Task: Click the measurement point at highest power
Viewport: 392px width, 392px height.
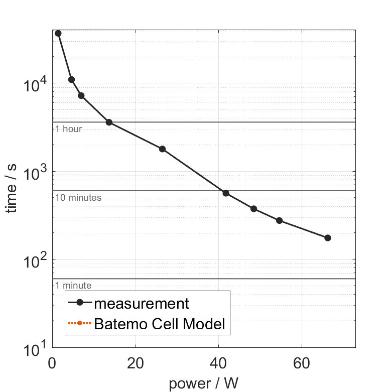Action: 328,238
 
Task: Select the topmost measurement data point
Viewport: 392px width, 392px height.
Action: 58,33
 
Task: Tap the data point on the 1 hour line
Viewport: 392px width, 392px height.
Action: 109,122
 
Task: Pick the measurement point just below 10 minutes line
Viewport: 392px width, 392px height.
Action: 226,193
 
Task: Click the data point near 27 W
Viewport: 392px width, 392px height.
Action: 162,149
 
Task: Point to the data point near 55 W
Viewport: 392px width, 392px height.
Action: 280,221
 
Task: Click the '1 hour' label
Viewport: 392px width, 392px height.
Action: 68,129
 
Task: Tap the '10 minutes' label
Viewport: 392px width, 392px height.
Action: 78,198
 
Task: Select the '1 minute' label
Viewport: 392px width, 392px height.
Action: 73,286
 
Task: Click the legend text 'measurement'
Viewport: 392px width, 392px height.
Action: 142,304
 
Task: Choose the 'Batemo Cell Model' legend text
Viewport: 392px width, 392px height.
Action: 160,324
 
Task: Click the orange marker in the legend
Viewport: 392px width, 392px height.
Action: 79,324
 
